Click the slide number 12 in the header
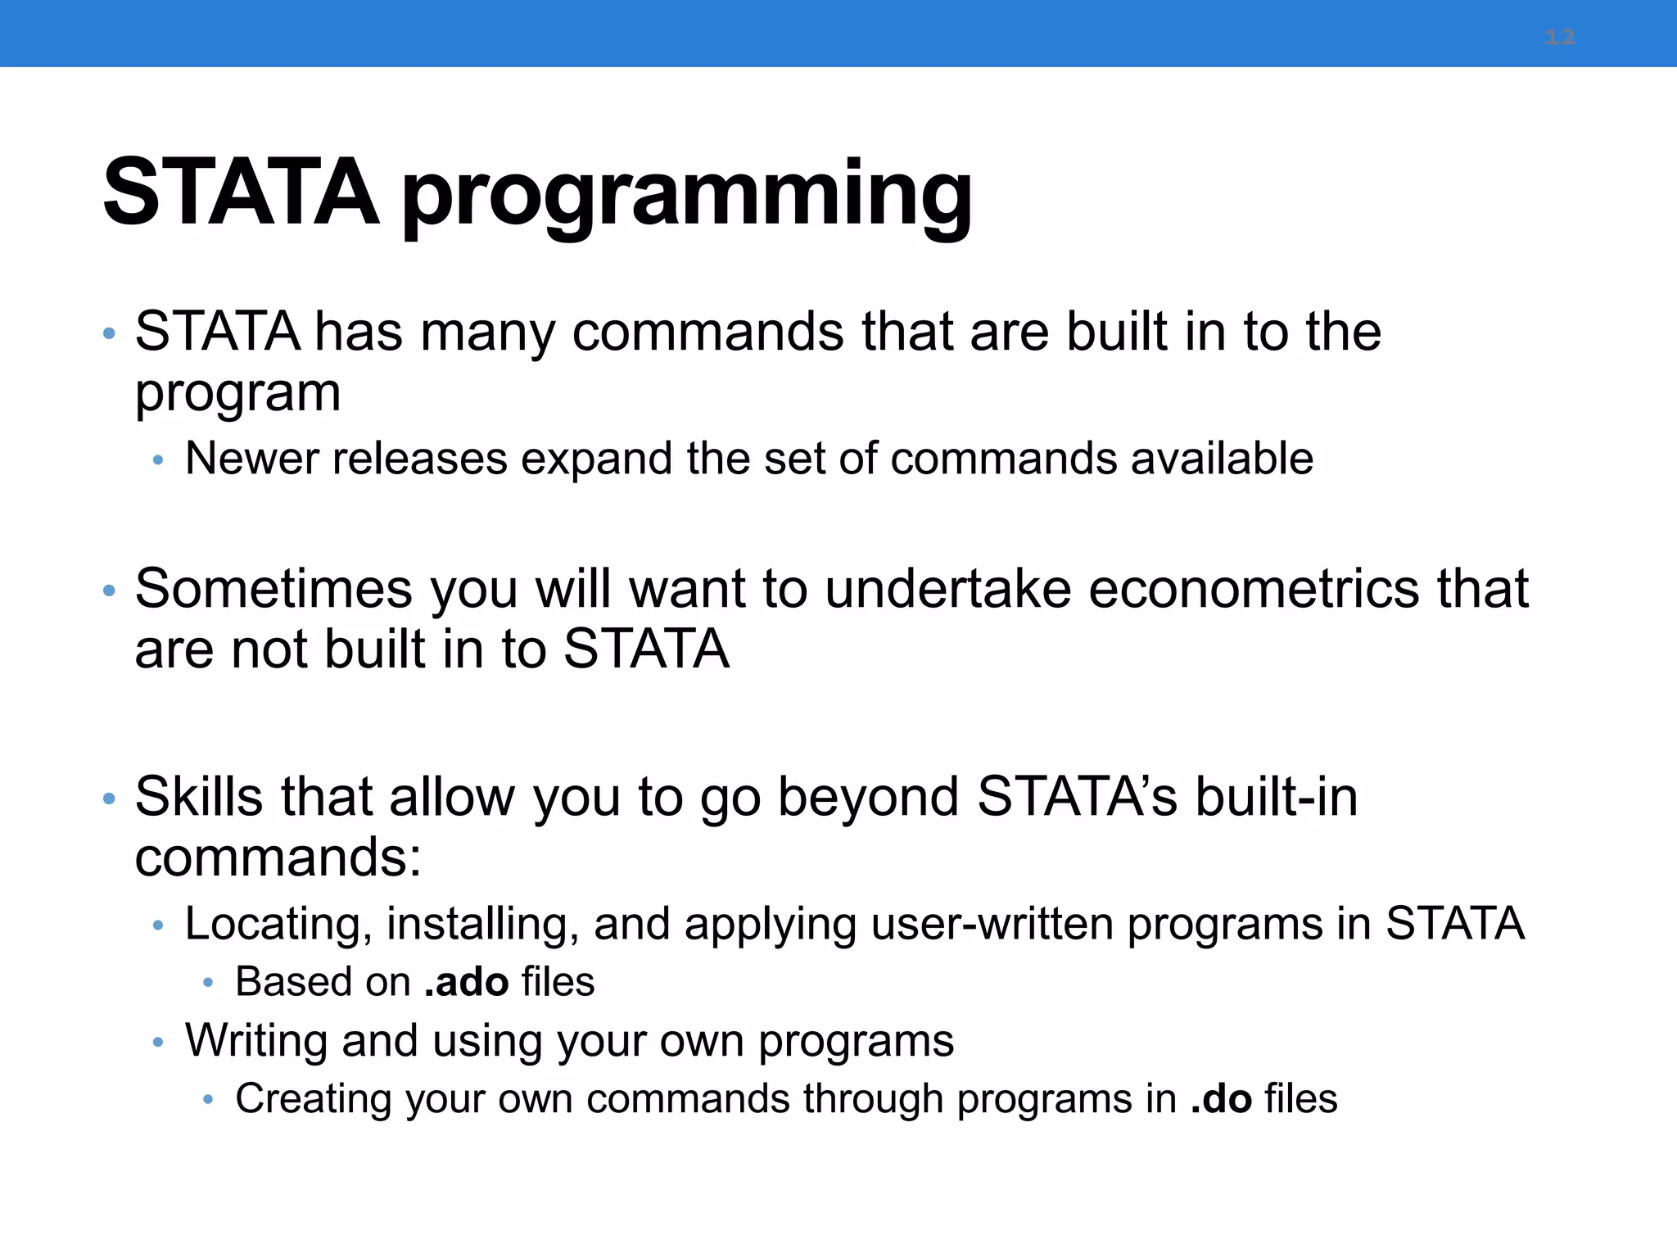[1559, 37]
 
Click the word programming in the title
[686, 195]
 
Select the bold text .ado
[466, 981]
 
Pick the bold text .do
[1221, 1098]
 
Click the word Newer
[251, 458]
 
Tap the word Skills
[198, 796]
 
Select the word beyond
[868, 798]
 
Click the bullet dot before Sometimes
[109, 591]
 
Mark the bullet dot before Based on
[208, 983]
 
